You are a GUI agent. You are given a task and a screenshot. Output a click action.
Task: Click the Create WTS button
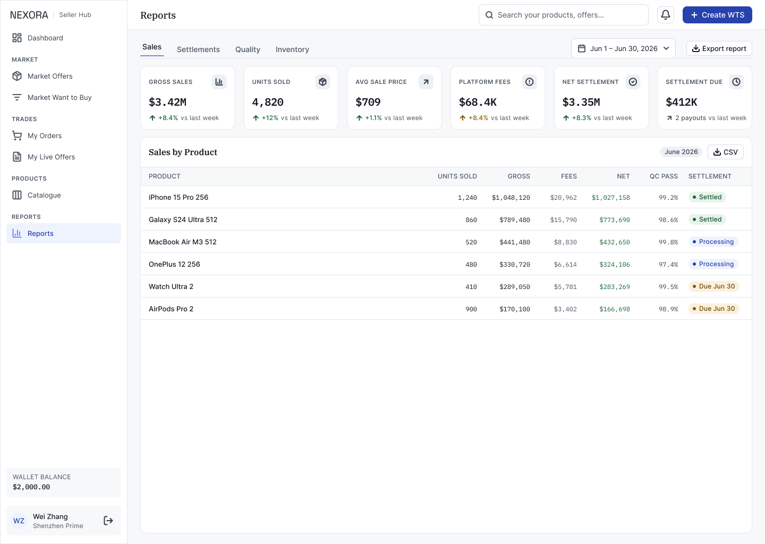point(717,15)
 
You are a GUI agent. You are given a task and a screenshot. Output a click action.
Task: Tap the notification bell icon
point(666,15)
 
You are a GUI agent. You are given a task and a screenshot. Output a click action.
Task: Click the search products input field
point(564,15)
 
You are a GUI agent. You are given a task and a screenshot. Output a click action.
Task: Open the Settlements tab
point(198,49)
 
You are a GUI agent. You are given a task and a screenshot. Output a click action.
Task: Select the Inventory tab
point(292,49)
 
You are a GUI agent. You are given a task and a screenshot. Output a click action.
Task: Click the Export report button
point(719,48)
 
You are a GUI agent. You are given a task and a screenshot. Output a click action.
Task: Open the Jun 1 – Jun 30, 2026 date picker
point(623,48)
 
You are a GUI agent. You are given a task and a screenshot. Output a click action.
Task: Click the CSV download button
point(725,152)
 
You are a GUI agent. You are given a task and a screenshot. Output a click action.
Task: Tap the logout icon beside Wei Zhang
point(108,521)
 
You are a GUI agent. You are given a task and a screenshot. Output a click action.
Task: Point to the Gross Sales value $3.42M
point(168,102)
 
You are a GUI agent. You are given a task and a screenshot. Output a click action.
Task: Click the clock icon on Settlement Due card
point(736,82)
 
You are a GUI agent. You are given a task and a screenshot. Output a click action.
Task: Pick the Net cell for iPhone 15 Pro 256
point(610,198)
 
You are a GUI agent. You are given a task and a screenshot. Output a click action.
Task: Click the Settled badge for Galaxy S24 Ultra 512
point(707,219)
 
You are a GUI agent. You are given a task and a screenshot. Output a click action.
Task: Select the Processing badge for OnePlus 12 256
point(713,264)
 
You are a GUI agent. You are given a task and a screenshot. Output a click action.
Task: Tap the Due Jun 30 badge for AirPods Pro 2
point(714,309)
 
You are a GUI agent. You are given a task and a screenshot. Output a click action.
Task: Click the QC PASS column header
point(664,176)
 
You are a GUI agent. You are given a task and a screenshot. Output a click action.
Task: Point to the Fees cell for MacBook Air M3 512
point(565,242)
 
